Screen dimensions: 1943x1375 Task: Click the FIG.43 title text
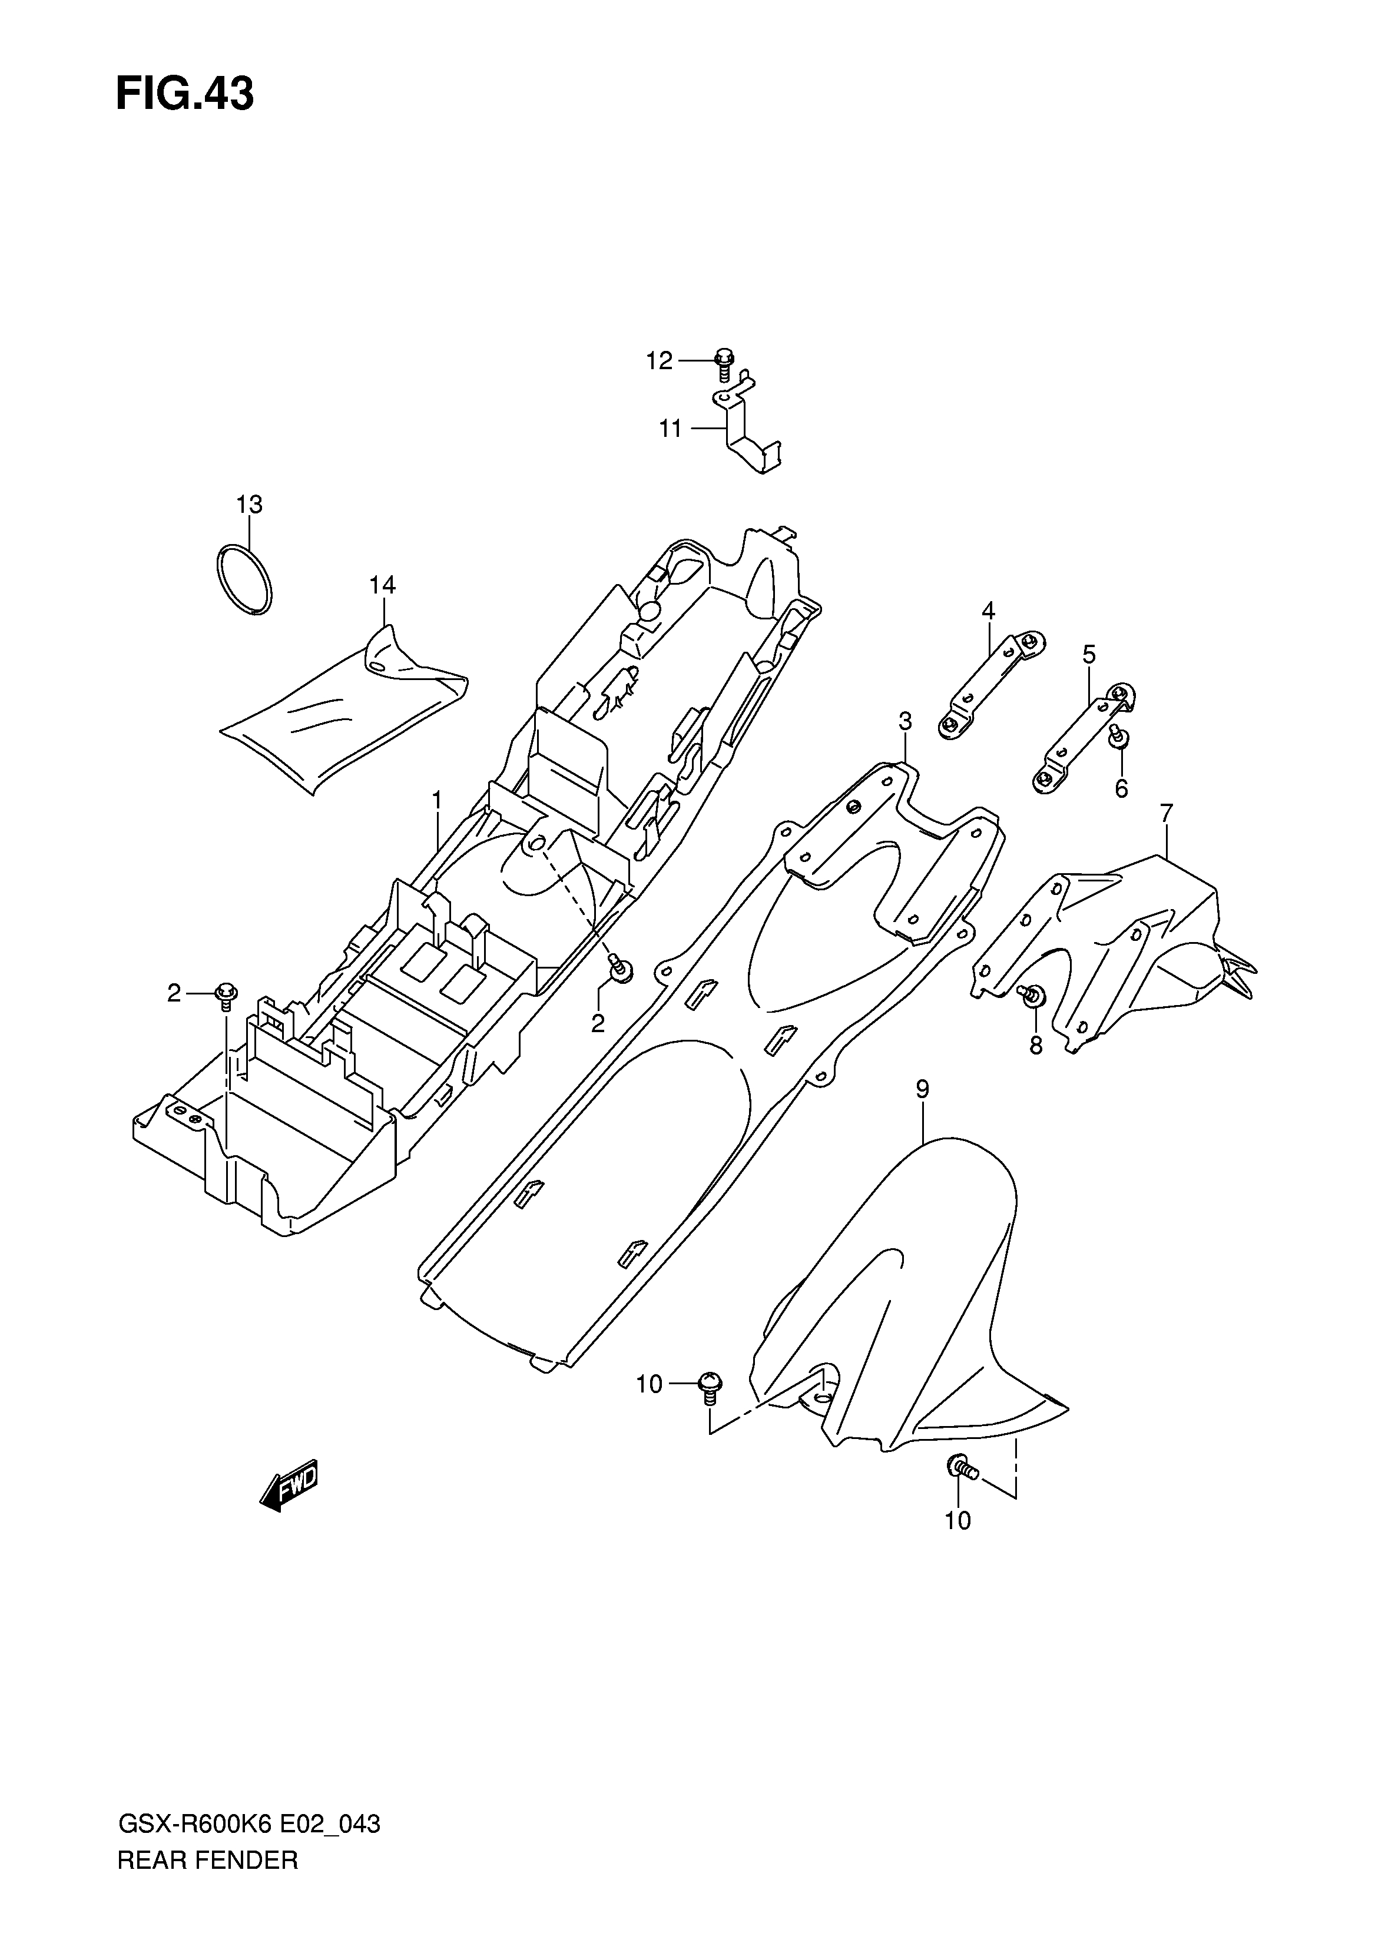[184, 95]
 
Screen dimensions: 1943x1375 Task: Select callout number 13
[249, 505]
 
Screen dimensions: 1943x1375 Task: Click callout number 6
[1121, 788]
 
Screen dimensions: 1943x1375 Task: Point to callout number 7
[1166, 813]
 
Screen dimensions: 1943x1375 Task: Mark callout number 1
[437, 798]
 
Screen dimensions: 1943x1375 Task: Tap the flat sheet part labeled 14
[339, 719]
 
